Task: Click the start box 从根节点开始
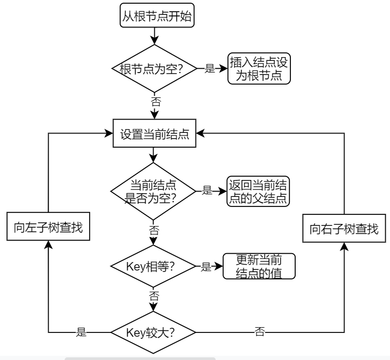(x=153, y=17)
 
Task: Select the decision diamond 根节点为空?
(x=153, y=68)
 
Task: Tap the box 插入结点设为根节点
(x=260, y=68)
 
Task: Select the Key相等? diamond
(x=153, y=266)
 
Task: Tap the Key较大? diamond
(x=153, y=332)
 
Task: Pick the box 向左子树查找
(x=48, y=229)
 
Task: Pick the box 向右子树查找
(x=344, y=229)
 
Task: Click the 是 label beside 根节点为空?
(x=209, y=68)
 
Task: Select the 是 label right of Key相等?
(x=206, y=266)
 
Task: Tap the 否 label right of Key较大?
(x=260, y=332)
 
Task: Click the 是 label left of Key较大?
(x=81, y=332)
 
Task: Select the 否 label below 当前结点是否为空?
(x=154, y=230)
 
